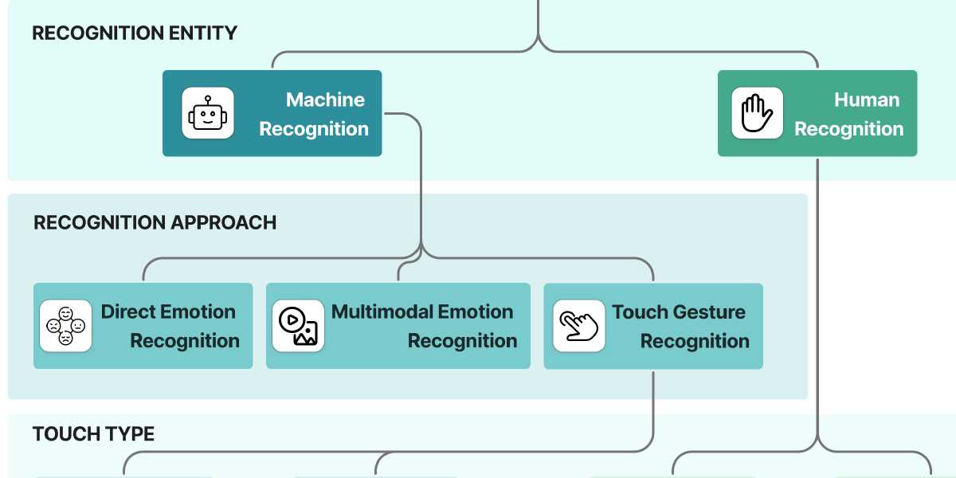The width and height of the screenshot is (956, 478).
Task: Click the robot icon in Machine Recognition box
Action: click(208, 113)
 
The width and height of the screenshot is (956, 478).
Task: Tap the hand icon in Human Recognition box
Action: click(757, 113)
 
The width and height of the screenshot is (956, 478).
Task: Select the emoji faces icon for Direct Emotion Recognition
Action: click(65, 326)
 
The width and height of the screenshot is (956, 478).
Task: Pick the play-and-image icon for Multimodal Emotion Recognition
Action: click(298, 326)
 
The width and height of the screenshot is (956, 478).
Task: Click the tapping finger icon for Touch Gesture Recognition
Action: click(578, 326)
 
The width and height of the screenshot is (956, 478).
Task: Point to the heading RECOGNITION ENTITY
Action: click(135, 33)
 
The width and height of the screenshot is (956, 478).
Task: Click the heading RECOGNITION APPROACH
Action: click(155, 222)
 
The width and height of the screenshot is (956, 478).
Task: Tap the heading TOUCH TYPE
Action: click(93, 434)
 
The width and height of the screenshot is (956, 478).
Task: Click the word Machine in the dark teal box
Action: click(325, 100)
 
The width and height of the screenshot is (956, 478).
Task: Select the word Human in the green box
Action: click(867, 100)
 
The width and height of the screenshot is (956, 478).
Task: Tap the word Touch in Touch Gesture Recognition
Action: click(640, 311)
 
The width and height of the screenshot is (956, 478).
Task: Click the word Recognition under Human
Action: click(848, 129)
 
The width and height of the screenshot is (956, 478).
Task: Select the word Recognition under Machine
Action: click(314, 129)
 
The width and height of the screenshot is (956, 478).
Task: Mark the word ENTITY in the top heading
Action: click(202, 33)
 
